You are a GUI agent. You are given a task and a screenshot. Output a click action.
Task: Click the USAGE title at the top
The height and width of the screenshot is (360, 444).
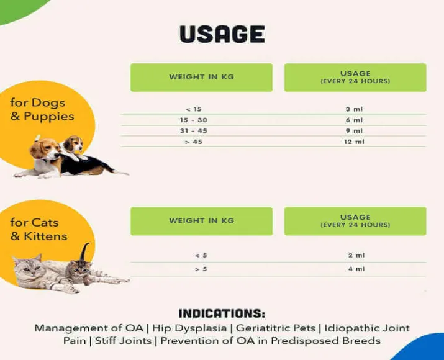point(222,34)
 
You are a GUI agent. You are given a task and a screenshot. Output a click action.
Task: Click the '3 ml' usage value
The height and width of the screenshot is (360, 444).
point(354,109)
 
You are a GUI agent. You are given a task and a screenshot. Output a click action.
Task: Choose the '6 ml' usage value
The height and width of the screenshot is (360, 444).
point(354,120)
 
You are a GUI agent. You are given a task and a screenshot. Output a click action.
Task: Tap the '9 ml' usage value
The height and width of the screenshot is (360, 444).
point(354,131)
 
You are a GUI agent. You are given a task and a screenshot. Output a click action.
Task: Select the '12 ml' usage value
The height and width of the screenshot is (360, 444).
point(354,142)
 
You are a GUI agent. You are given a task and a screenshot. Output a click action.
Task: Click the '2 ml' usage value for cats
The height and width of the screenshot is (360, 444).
point(355,255)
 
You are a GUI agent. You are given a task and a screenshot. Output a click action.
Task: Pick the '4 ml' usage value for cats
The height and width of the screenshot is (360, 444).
point(355,269)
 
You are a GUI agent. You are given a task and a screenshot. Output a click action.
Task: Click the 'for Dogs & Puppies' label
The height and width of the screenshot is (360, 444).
point(42,109)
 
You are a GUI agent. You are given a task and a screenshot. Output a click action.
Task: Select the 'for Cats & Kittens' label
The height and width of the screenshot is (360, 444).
point(39,229)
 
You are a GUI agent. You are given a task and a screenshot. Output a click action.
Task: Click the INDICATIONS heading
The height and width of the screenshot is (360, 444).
point(222,313)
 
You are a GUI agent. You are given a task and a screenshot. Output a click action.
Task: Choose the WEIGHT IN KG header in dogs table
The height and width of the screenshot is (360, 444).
point(201,77)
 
